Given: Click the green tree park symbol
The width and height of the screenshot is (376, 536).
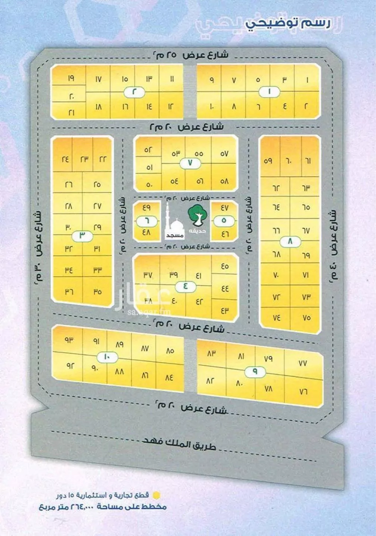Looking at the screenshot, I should pyautogui.click(x=196, y=214).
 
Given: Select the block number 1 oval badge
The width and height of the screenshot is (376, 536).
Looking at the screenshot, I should pyautogui.click(x=270, y=92).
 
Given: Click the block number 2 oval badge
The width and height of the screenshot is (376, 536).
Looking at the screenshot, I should pyautogui.click(x=134, y=92).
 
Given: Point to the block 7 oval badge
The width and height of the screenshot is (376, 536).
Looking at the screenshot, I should pyautogui.click(x=190, y=163).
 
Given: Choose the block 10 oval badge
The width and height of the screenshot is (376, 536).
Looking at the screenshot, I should pyautogui.click(x=107, y=357).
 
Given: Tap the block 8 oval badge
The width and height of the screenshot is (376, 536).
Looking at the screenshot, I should pyautogui.click(x=290, y=242).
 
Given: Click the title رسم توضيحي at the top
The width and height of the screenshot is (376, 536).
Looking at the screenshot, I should pyautogui.click(x=288, y=23).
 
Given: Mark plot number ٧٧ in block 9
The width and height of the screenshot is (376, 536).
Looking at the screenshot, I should pyautogui.click(x=303, y=363).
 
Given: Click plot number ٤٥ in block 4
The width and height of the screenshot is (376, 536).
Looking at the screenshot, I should pyautogui.click(x=224, y=266).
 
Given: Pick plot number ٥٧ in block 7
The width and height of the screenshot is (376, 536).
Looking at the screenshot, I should pyautogui.click(x=224, y=154).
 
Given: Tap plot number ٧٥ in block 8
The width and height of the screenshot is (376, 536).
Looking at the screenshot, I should pyautogui.click(x=306, y=317).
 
